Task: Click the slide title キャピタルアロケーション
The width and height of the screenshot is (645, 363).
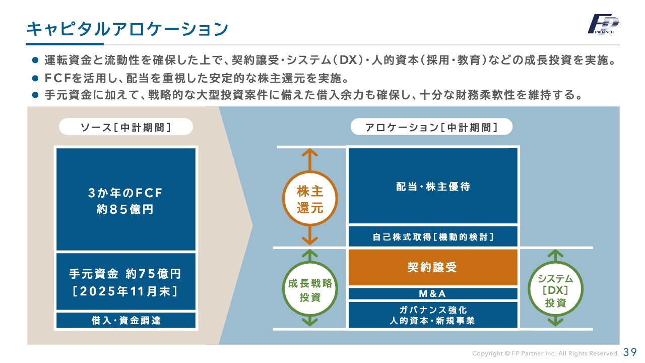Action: point(127,29)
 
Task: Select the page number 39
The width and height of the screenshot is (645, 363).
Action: point(630,352)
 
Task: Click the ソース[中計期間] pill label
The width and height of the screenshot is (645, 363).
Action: point(126,127)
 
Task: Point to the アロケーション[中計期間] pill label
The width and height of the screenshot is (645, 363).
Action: point(431,127)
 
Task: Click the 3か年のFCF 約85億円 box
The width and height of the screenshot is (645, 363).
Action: point(125,200)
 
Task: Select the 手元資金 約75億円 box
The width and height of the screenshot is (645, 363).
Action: point(125,281)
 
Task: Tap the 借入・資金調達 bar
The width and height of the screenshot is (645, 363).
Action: point(125,320)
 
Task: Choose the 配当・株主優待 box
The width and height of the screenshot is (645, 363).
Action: point(433,186)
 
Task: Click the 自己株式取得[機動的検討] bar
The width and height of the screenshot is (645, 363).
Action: point(433,236)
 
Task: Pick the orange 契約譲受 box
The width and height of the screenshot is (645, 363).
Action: point(433,267)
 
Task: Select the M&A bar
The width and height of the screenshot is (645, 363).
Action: point(433,293)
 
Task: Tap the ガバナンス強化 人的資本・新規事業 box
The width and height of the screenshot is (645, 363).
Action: point(433,315)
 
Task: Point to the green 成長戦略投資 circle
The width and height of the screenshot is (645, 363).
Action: point(310,290)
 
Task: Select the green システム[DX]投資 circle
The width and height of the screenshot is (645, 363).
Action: point(555,290)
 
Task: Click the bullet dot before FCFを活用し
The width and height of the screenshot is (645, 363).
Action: point(35,79)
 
